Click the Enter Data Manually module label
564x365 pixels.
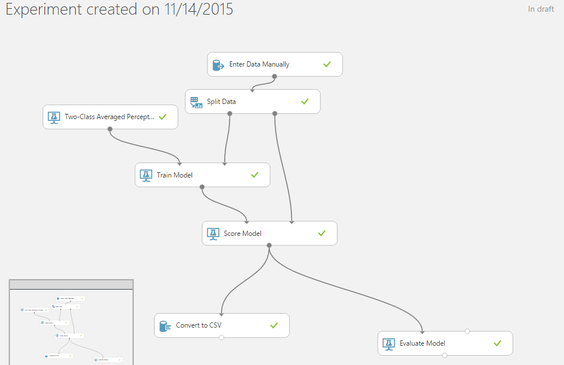259,64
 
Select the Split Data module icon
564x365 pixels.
196,102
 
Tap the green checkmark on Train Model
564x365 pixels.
255,175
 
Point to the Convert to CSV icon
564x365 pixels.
165,325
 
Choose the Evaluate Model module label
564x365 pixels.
422,343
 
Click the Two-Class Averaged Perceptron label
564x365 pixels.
110,117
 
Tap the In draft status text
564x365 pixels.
541,9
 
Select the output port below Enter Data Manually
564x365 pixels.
274,77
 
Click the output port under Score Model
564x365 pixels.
269,245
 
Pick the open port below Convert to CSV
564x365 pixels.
221,338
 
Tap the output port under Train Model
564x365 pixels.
202,187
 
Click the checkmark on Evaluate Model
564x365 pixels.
497,343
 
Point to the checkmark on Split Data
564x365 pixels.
305,102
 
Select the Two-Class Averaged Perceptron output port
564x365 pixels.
110,129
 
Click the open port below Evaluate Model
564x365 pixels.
445,355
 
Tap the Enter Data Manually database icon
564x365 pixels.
218,65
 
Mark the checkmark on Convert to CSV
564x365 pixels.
274,325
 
